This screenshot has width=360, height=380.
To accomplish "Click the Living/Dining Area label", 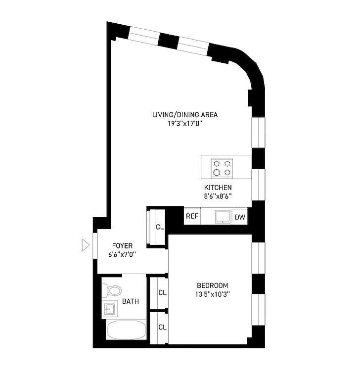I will (x=184, y=115).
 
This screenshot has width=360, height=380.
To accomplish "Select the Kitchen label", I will (x=218, y=188).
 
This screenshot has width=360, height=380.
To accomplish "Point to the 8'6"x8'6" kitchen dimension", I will (x=218, y=196).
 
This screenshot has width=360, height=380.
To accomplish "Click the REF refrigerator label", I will (x=192, y=217).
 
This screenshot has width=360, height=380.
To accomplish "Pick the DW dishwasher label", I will (x=240, y=217).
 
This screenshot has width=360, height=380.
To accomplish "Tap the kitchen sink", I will (x=222, y=216).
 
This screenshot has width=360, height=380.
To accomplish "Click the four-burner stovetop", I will (x=222, y=167).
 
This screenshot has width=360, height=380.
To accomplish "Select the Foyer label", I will (x=122, y=245).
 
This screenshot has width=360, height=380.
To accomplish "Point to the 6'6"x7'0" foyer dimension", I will (x=122, y=254).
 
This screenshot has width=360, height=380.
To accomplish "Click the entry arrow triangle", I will (x=86, y=244).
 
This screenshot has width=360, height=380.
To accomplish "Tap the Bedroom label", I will (x=212, y=285).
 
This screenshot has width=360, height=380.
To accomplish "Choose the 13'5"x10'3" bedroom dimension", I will (x=212, y=294).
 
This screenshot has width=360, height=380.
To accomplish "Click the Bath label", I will (x=131, y=301).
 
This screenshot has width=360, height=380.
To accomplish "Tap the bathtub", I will (x=126, y=330).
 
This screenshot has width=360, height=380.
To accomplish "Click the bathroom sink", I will (x=109, y=309).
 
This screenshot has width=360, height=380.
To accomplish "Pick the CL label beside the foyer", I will (x=159, y=227).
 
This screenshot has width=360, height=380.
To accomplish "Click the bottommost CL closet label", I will (x=162, y=327).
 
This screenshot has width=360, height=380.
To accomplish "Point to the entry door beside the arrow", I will (x=95, y=244).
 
